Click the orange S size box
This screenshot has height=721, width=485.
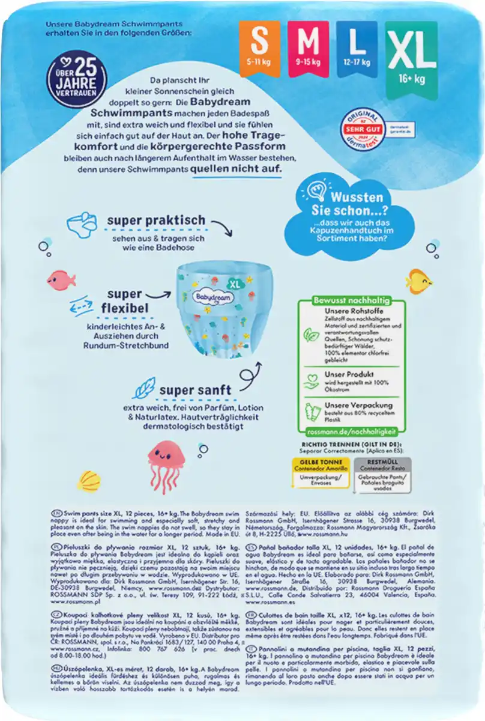click(259, 47)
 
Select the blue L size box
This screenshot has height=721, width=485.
click(357, 47)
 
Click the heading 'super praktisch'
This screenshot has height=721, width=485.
click(156, 221)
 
